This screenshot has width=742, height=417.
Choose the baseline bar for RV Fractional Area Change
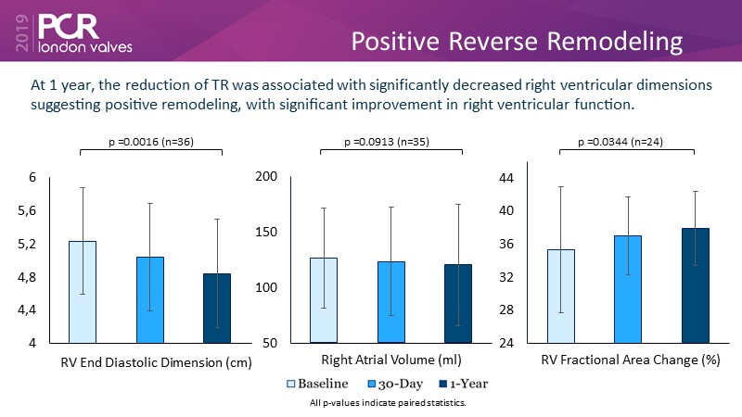pos(574,296)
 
